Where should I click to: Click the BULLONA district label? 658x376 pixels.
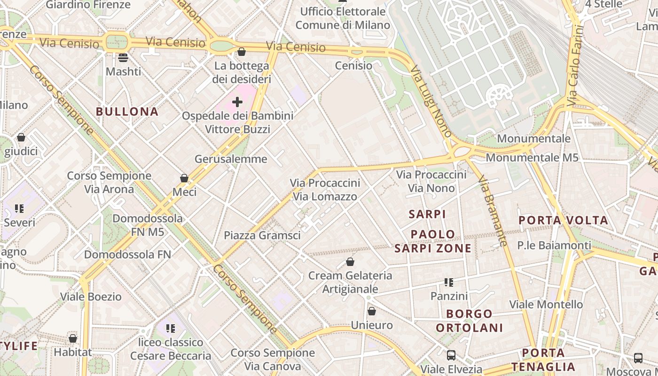pyautogui.click(x=127, y=111)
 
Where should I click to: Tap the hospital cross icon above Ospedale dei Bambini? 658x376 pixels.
pyautogui.click(x=237, y=102)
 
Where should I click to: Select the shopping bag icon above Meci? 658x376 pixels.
pyautogui.click(x=184, y=178)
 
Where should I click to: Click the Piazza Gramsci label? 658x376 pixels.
pyautogui.click(x=262, y=235)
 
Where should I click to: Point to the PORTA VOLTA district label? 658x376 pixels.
pyautogui.click(x=563, y=220)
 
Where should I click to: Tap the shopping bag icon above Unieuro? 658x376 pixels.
pyautogui.click(x=372, y=311)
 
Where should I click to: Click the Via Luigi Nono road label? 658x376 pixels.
pyautogui.click(x=431, y=101)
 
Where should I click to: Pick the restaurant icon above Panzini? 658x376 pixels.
pyautogui.click(x=449, y=282)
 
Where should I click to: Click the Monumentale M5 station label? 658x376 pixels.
pyautogui.click(x=532, y=157)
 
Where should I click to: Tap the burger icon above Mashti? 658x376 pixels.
pyautogui.click(x=123, y=58)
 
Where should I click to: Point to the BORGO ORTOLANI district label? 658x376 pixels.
pyautogui.click(x=469, y=321)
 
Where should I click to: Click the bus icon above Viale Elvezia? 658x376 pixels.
pyautogui.click(x=451, y=355)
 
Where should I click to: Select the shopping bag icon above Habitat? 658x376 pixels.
pyautogui.click(x=73, y=338)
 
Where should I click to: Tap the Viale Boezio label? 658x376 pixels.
pyautogui.click(x=91, y=297)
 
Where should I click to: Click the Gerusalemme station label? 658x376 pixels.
pyautogui.click(x=231, y=159)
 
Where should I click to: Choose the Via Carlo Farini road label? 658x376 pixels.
pyautogui.click(x=575, y=65)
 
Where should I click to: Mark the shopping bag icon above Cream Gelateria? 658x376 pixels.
pyautogui.click(x=350, y=262)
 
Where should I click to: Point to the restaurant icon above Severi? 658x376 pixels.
pyautogui.click(x=19, y=208)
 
